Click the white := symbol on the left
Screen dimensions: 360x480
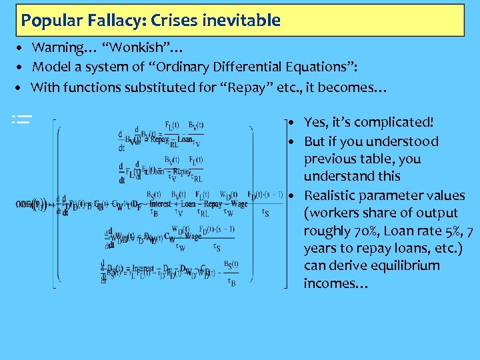(22, 120)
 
